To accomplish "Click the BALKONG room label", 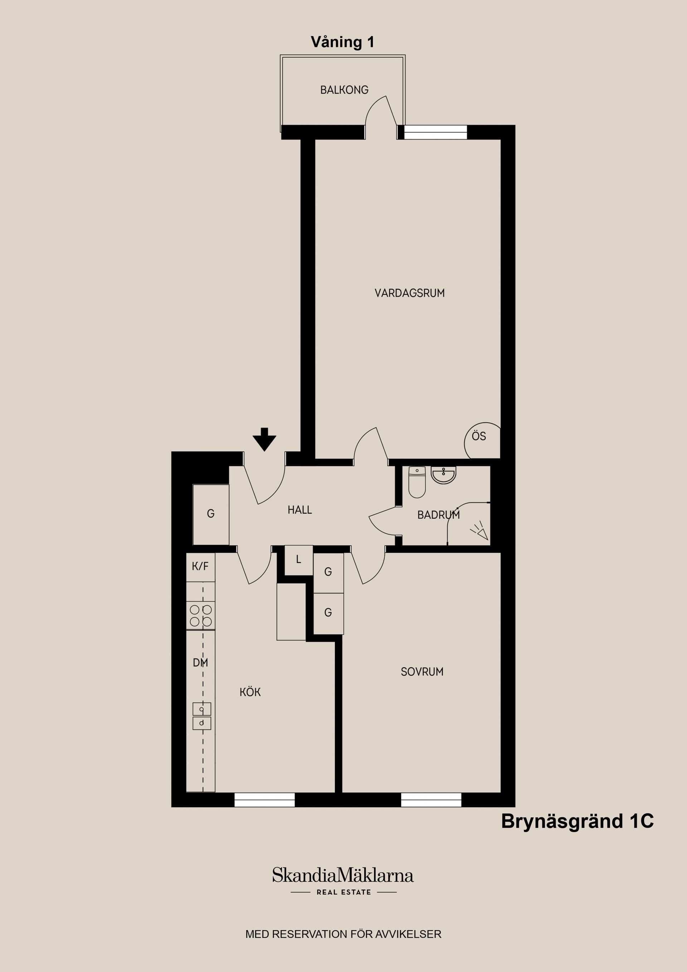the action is point(344,90).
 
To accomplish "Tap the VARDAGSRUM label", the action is point(409,293).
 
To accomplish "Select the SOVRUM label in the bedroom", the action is point(422,671).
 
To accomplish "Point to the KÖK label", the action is point(250,692).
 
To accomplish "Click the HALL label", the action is point(300,510).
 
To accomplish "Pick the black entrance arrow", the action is point(264,439).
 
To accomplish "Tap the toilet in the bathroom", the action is point(417,482).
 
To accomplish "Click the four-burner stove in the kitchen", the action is point(201,616).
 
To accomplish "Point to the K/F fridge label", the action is point(200,566).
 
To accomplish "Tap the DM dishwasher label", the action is point(200,662).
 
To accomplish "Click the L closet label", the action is point(298,559).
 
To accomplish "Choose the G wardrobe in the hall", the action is point(211,514).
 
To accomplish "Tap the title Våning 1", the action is point(342,42).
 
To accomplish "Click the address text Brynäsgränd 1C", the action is point(578,821).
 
